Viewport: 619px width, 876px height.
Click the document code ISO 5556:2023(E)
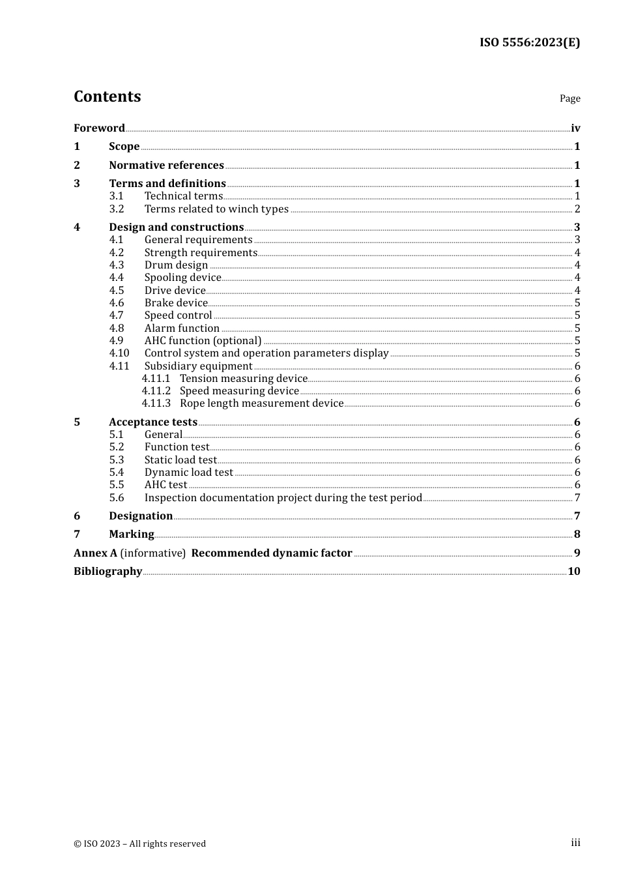(529, 42)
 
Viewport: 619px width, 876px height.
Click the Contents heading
(107, 96)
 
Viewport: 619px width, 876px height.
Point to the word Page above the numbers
(569, 98)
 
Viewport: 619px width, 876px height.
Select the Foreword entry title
(99, 128)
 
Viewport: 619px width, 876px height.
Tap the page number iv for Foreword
(575, 128)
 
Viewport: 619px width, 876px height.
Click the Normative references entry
(166, 166)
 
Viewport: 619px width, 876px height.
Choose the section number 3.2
(117, 209)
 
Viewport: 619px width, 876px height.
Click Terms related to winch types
(216, 209)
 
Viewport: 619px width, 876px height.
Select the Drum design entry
(176, 265)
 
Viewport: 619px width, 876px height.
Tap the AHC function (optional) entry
(203, 341)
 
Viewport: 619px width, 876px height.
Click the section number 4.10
(119, 353)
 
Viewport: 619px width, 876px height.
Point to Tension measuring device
(243, 379)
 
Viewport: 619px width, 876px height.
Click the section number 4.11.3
(156, 403)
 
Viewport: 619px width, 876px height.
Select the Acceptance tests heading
(153, 422)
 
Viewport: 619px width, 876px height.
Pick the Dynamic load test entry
(188, 473)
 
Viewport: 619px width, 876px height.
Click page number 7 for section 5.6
(577, 498)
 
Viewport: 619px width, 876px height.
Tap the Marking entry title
(132, 534)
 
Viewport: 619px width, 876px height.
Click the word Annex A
(95, 553)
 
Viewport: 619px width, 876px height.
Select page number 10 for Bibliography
(573, 572)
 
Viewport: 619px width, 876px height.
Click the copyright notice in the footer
(139, 844)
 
